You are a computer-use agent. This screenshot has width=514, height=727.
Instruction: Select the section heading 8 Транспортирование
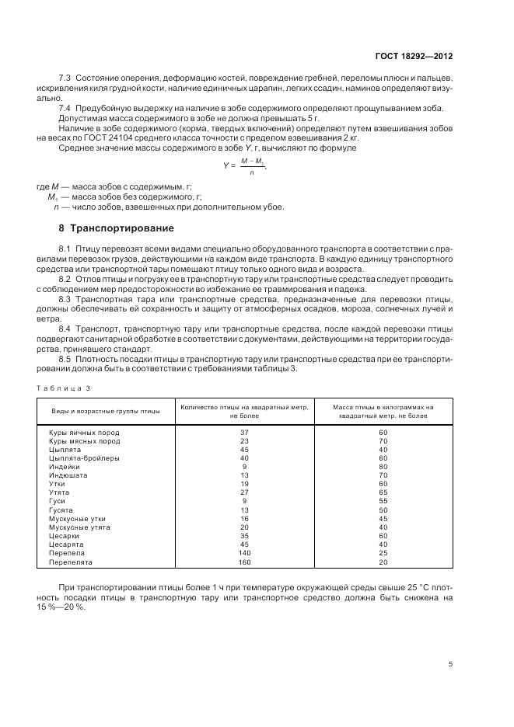tap(117, 228)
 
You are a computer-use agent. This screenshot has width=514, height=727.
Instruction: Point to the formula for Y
tap(250, 165)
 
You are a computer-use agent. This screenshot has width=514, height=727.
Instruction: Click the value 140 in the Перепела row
tap(244, 552)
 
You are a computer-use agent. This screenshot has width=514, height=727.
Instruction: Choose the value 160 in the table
tap(244, 561)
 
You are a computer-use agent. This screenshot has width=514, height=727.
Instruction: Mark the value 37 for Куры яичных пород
tap(244, 433)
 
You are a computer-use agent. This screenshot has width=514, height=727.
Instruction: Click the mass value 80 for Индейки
tap(383, 466)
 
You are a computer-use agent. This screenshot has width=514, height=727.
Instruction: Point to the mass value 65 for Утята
tap(383, 492)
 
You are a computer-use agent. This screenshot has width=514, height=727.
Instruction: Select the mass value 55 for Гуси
tap(383, 501)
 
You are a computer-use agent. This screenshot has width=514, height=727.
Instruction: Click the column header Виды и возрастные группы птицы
tap(106, 411)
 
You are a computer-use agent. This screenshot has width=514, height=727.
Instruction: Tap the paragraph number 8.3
tap(66, 299)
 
